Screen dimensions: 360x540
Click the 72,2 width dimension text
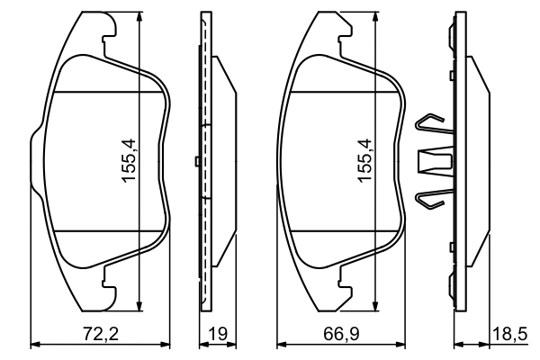pyautogui.click(x=101, y=333)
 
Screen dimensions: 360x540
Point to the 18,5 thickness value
pyautogui.click(x=512, y=333)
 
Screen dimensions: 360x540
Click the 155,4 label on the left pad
pyautogui.click(x=130, y=162)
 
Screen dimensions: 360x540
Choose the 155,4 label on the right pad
pyautogui.click(x=364, y=162)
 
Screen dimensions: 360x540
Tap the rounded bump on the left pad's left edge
pyautogui.click(x=35, y=162)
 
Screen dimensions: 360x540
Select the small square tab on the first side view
pyautogui.click(x=196, y=162)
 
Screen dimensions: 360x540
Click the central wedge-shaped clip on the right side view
pyautogui.click(x=436, y=162)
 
